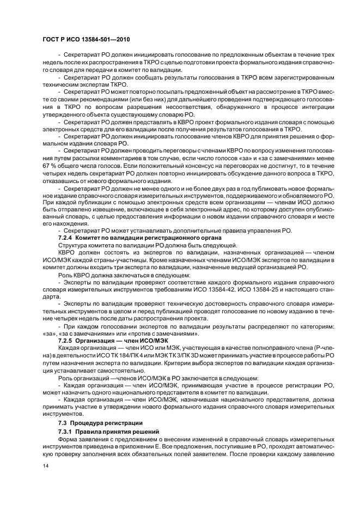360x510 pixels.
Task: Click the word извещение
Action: click(x=108, y=224)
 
